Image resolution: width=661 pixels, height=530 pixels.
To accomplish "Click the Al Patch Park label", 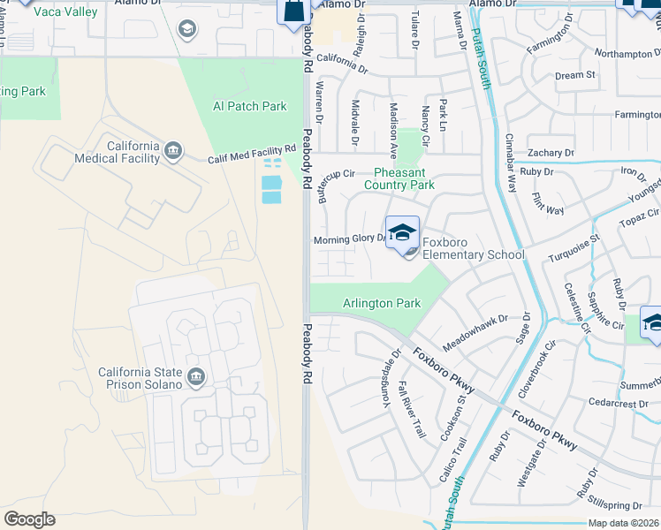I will point(250,106).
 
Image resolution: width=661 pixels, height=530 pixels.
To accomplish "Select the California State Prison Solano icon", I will point(196,378).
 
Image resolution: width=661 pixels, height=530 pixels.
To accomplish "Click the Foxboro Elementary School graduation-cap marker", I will point(402,232).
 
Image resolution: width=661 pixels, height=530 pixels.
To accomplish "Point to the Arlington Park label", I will point(382,303).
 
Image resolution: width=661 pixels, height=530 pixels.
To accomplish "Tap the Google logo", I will point(29,519).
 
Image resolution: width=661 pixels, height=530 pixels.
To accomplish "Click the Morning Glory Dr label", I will point(350,239).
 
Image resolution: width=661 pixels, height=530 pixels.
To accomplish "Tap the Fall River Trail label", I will point(413,410).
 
